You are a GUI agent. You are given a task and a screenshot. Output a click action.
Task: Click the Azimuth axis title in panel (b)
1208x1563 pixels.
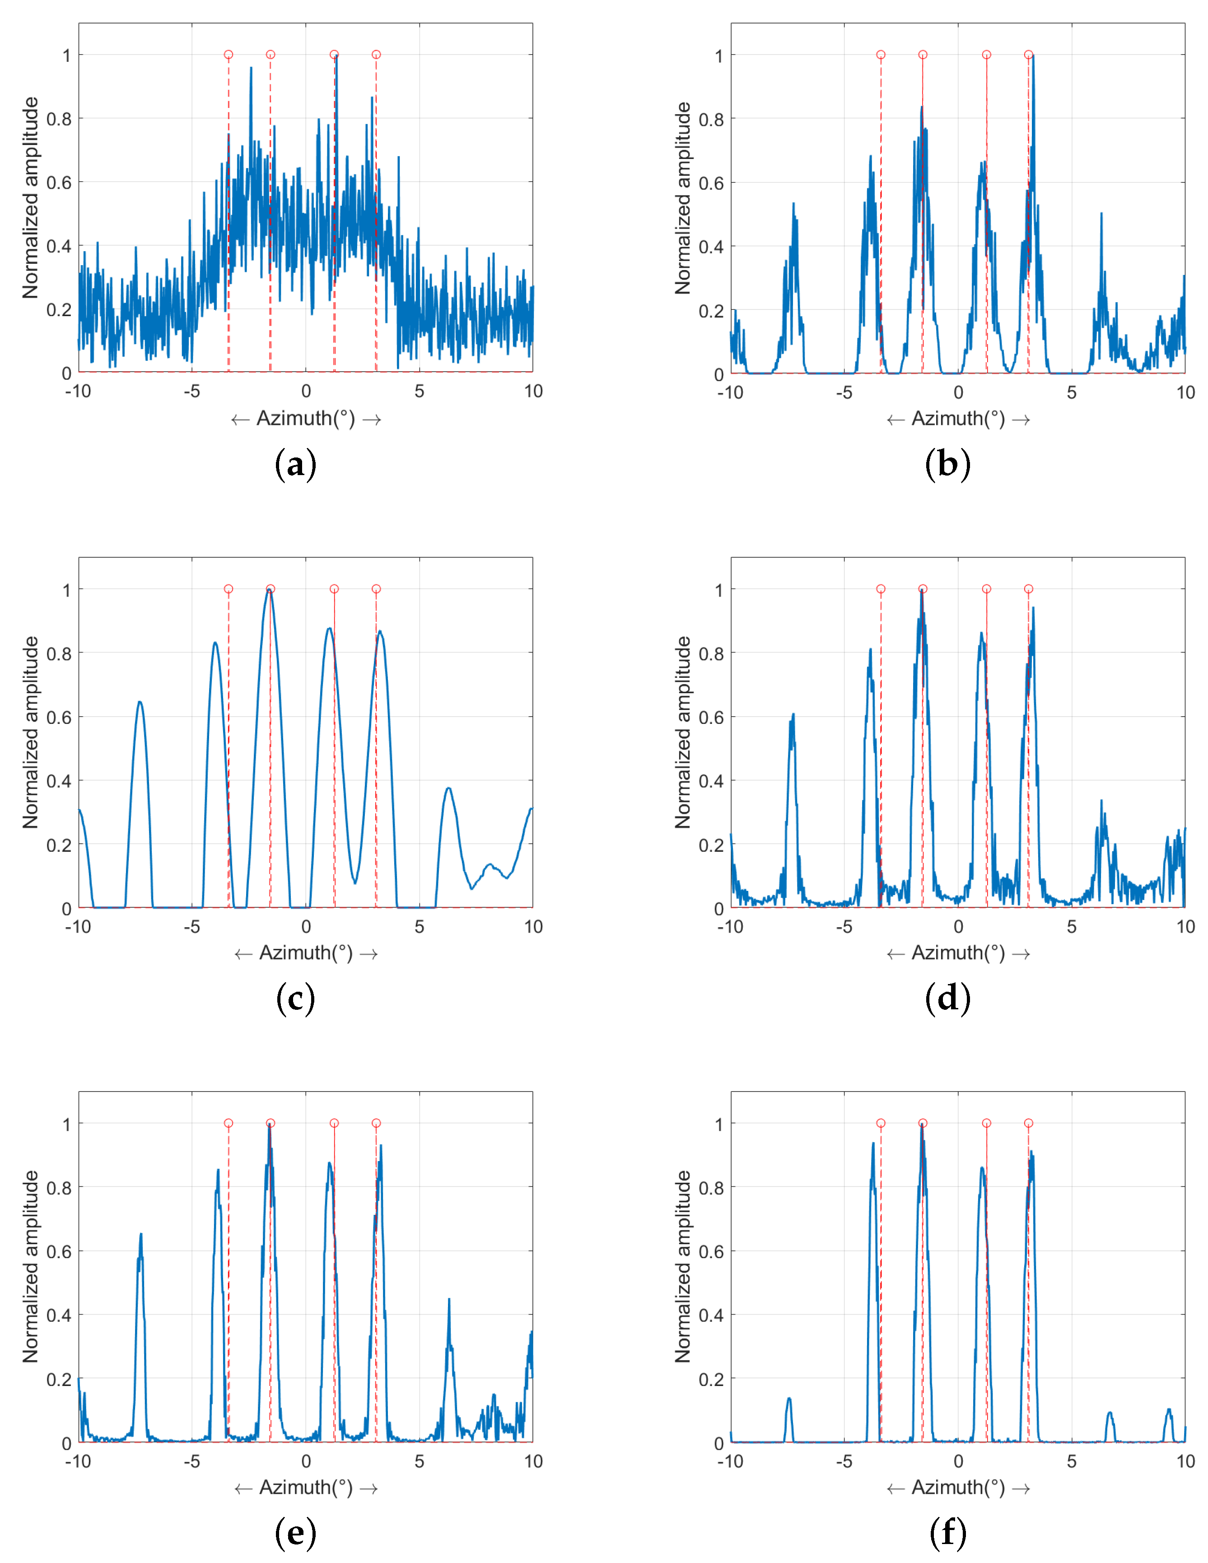pyautogui.click(x=957, y=419)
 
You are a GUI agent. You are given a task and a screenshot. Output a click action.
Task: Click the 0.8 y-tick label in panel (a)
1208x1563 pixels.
pyautogui.click(x=59, y=119)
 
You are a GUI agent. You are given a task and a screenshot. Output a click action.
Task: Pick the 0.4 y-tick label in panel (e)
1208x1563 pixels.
pyautogui.click(x=59, y=1316)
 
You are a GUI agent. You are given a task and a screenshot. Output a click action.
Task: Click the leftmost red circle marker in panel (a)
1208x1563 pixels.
pyautogui.click(x=229, y=54)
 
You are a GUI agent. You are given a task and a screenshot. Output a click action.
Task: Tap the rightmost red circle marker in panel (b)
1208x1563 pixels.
pyautogui.click(x=1028, y=54)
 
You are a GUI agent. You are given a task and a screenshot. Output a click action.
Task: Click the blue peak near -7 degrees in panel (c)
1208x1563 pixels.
pyautogui.click(x=140, y=703)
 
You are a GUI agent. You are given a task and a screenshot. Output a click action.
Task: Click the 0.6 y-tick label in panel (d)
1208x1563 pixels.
pyautogui.click(x=711, y=717)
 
